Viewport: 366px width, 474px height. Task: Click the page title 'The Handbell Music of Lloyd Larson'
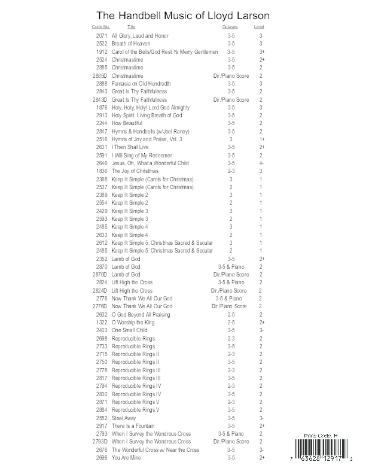(x=183, y=15)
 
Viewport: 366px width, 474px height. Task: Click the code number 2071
(x=101, y=36)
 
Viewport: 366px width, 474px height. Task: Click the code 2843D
(x=100, y=99)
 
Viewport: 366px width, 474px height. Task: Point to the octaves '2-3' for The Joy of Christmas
(x=231, y=171)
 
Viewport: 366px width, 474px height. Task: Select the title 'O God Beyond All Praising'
(x=141, y=314)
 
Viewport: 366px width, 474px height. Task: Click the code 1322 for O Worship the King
(x=101, y=322)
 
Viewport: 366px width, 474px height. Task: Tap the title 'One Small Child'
(x=129, y=330)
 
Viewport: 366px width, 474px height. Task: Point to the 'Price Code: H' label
(x=322, y=437)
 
